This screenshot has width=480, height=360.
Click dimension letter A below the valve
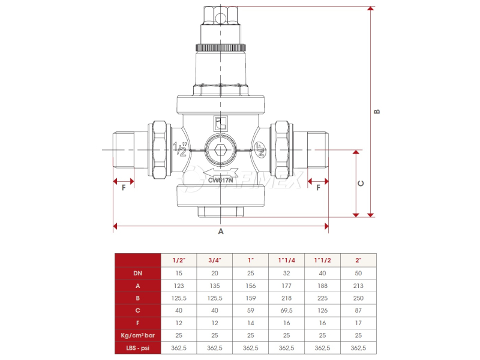coord(221,232)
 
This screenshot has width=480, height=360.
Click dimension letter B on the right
coord(377,112)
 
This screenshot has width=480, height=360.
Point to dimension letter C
coord(361,184)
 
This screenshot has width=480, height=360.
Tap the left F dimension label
coord(124,187)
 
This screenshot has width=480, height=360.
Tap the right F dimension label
coord(318,187)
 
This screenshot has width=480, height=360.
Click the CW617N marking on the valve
coord(220,180)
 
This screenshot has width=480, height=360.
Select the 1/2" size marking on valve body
coord(180,149)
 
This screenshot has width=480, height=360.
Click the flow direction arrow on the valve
coord(220,172)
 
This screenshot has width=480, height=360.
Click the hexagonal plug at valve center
coord(220,150)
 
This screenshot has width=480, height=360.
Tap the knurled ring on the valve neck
coord(220,48)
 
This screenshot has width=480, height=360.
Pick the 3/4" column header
coord(215,260)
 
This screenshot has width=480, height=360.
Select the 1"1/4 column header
coord(287,260)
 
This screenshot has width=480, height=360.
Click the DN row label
coord(138,273)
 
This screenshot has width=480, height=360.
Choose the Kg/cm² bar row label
coord(138,335)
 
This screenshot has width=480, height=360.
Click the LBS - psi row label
coord(138,348)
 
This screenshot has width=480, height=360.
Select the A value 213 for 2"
coord(358,286)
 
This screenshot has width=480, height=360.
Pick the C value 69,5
coord(287,310)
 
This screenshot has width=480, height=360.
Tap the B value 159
coord(251,298)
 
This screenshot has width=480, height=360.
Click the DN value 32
coord(287,273)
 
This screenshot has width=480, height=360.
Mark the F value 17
coord(358,323)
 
